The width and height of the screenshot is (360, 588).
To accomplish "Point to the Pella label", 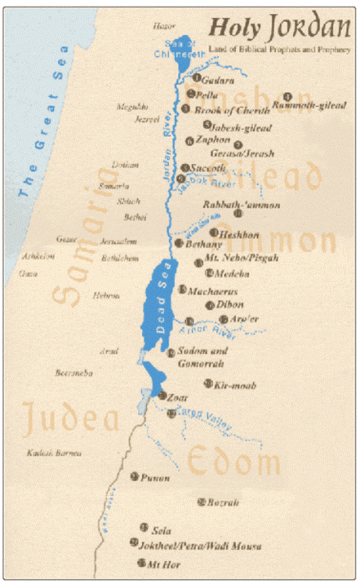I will tap(206, 94).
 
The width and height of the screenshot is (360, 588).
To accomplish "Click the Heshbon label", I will tap(237, 233).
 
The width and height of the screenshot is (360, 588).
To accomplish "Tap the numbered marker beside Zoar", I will tap(162, 397).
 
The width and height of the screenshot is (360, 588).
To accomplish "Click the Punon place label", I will tap(155, 477).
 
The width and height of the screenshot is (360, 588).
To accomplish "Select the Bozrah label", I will tap(223, 502).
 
